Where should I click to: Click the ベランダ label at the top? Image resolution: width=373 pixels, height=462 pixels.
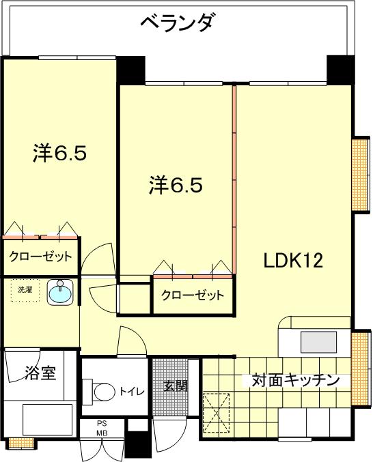[x=176, y=23]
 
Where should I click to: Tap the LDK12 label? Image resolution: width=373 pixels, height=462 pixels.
[x=293, y=261]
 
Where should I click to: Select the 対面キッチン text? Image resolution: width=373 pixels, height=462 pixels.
[x=295, y=380]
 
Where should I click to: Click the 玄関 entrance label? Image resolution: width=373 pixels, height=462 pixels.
[x=176, y=386]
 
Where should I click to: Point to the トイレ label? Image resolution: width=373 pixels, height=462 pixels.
[x=132, y=391]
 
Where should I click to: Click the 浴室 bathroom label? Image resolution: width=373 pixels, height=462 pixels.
[x=40, y=373]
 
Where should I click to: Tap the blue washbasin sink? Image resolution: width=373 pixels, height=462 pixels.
[x=60, y=292]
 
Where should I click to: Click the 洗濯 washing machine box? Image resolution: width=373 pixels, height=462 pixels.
[x=25, y=290]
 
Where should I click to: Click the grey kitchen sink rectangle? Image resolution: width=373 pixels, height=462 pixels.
[x=318, y=343]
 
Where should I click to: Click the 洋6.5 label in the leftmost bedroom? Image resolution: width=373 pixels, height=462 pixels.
[x=59, y=153]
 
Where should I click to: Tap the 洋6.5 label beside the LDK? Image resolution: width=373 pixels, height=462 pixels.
[x=176, y=185]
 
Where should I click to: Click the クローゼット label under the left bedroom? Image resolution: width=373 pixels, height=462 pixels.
[x=41, y=257]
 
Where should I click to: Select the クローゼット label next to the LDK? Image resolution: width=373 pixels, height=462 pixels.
[x=193, y=295]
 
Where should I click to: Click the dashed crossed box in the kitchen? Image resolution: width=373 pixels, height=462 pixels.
[x=217, y=412]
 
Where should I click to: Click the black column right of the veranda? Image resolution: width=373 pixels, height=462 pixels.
[x=340, y=69]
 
